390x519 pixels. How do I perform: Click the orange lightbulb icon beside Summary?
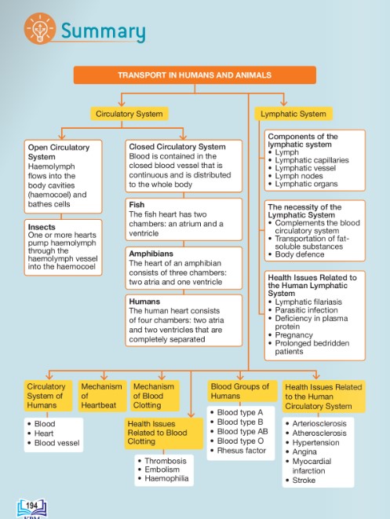pyautogui.click(x=40, y=28)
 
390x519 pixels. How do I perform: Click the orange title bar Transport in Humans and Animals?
pyautogui.click(x=195, y=75)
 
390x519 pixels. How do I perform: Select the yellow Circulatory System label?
pyautogui.click(x=129, y=114)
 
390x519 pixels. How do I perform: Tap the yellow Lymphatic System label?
pyautogui.click(x=293, y=114)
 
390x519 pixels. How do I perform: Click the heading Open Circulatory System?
pyautogui.click(x=59, y=152)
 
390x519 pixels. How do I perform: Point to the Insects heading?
pyautogui.click(x=42, y=227)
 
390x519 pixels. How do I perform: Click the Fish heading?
pyautogui.click(x=137, y=205)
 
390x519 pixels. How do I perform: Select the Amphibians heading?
pyautogui.click(x=151, y=254)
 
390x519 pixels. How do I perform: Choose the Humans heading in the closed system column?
pyautogui.click(x=144, y=302)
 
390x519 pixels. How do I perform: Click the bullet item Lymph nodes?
pyautogui.click(x=299, y=176)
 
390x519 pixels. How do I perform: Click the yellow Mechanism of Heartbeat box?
pyautogui.click(x=102, y=396)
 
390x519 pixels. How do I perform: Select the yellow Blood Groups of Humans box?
pyautogui.click(x=242, y=391)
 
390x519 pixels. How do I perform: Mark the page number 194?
pyautogui.click(x=31, y=506)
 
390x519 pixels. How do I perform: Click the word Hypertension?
pyautogui.click(x=315, y=443)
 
